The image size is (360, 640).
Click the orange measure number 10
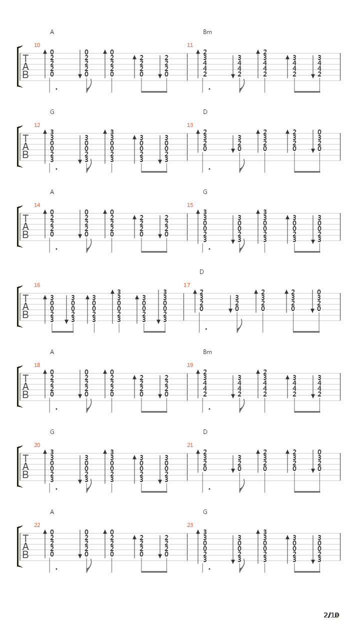[37, 45]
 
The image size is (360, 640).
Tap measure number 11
[190, 45]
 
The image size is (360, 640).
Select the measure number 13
[190, 125]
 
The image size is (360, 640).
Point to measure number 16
[37, 285]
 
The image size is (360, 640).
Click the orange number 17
[187, 285]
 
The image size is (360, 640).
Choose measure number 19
[190, 365]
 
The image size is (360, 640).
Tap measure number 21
[190, 445]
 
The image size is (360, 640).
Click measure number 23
[190, 525]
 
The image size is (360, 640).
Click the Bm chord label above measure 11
[207, 32]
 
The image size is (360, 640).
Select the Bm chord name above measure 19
[207, 352]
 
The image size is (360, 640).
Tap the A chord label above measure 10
[52, 32]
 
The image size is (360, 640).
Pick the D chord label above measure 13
[205, 112]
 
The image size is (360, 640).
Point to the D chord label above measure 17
[201, 272]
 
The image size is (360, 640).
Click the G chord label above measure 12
[52, 112]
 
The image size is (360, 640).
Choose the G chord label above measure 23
[205, 512]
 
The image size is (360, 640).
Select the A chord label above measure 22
[52, 512]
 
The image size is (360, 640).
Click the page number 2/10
[331, 615]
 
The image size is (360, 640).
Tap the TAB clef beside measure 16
[25, 306]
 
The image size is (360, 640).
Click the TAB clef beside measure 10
[25, 66]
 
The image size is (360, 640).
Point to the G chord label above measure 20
[52, 432]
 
